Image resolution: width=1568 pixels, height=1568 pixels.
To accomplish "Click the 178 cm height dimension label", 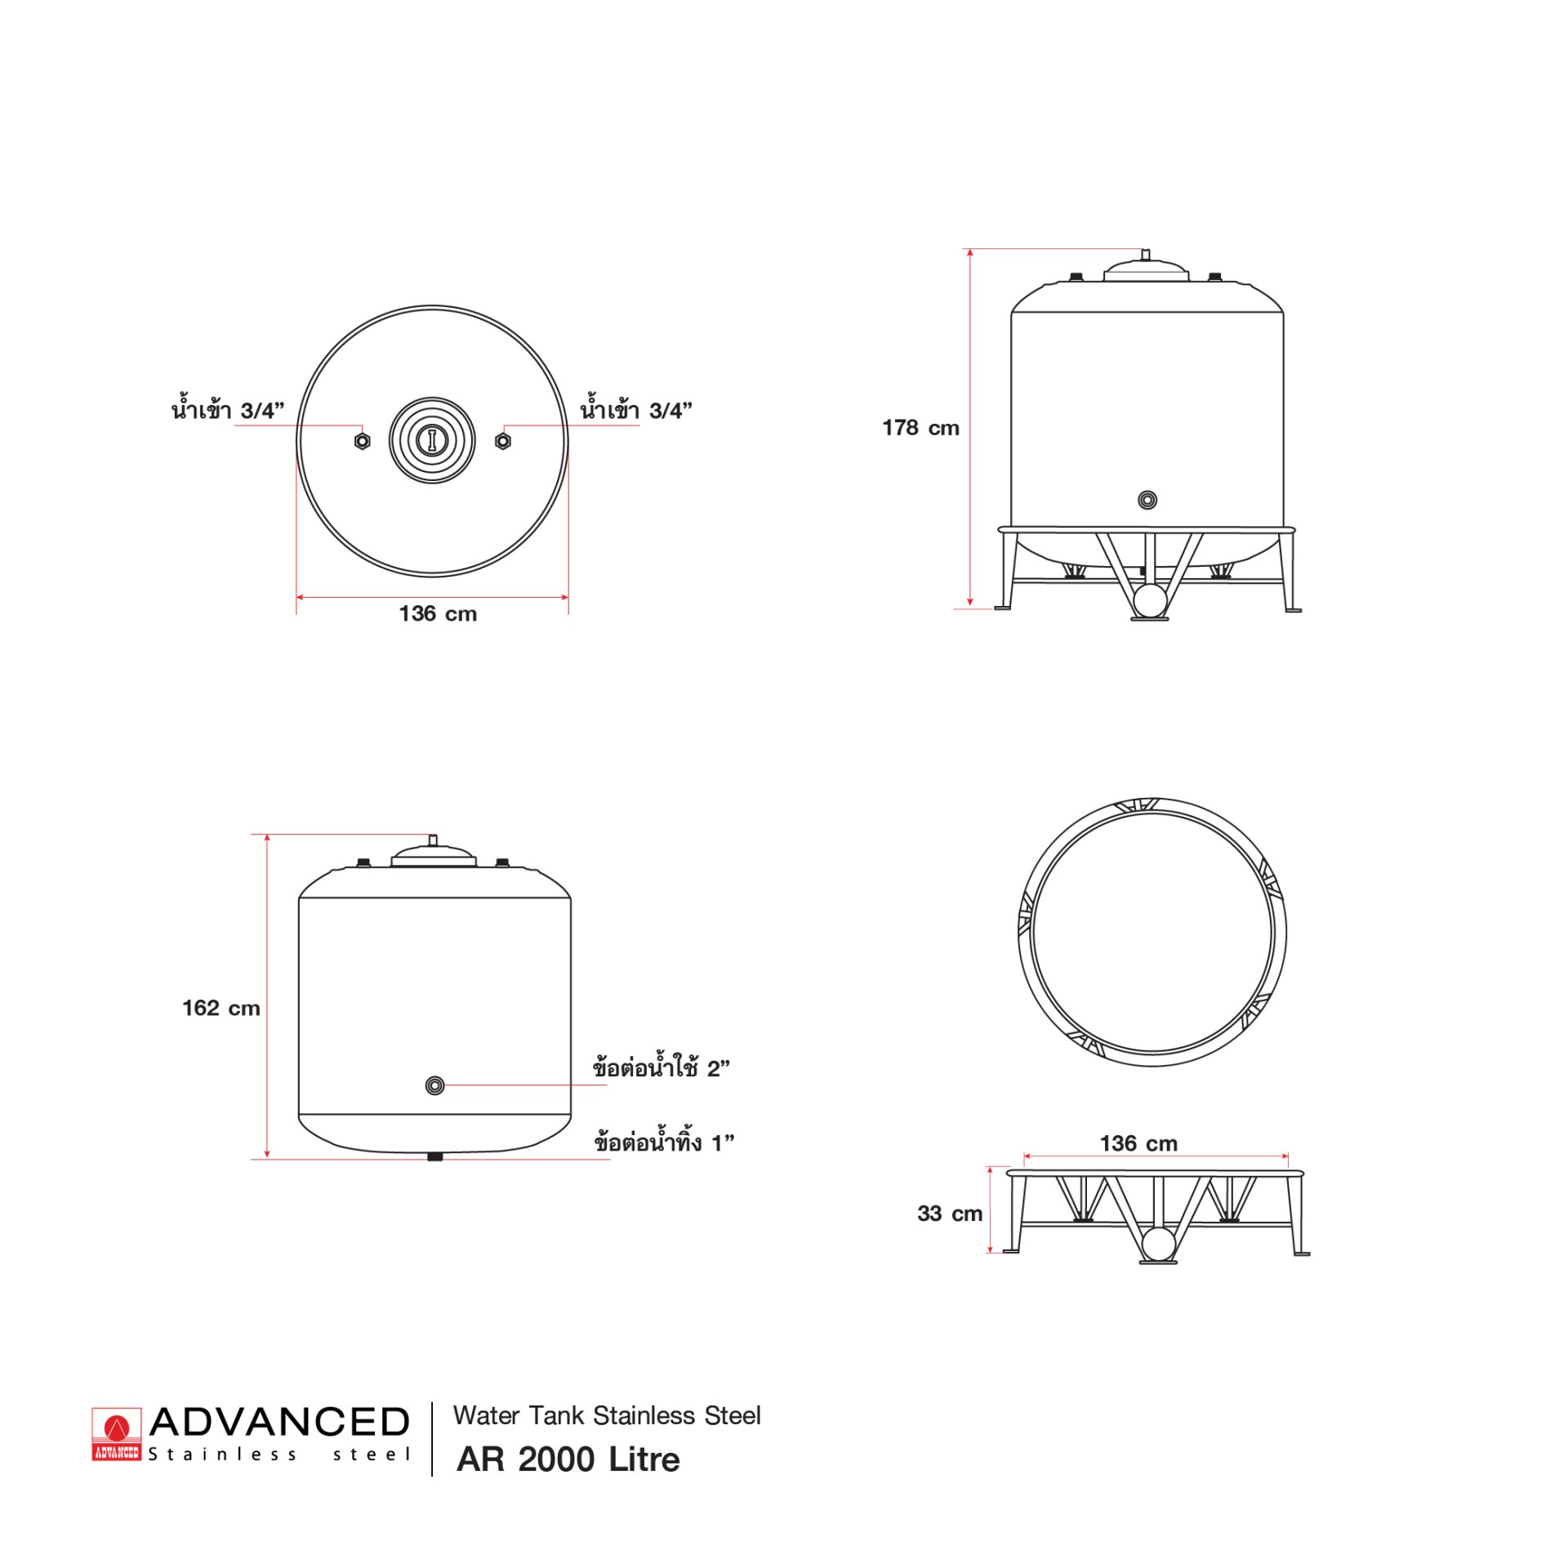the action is (920, 428).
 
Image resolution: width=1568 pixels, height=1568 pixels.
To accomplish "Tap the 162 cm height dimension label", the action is (221, 1008).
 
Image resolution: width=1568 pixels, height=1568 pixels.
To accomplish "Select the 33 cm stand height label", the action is (950, 1214).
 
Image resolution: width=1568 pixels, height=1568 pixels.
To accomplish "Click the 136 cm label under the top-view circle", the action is (438, 613).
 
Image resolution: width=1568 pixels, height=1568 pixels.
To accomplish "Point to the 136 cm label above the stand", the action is (1138, 1143).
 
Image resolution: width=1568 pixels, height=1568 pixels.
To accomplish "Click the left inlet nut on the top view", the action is (363, 441).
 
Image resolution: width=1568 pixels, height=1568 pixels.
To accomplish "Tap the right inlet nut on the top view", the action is (503, 441).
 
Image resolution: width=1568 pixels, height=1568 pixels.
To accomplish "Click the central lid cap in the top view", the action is (432, 440).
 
